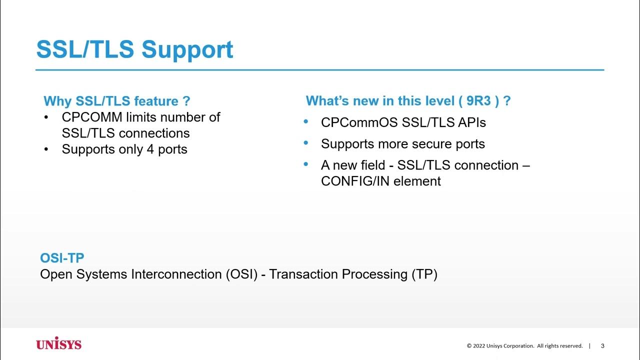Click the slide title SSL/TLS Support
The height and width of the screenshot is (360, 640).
coord(134,49)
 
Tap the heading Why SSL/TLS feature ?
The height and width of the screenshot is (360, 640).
coord(116,101)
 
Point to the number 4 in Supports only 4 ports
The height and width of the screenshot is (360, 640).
coord(150,149)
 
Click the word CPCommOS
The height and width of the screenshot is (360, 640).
coord(353,122)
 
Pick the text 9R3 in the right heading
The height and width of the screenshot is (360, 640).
coord(478,101)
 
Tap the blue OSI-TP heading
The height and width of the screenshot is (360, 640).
coord(62,258)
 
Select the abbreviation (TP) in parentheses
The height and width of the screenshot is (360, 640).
coord(424,274)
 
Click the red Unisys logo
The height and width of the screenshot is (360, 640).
coord(58,344)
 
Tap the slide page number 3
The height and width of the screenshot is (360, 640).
coord(602,346)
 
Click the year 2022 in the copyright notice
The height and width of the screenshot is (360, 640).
coord(480,346)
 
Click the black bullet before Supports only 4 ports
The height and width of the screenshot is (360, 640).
coord(46,149)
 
